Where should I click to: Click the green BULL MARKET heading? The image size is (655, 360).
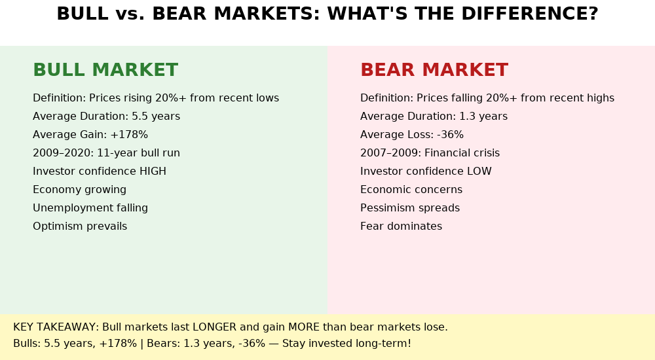(105, 70)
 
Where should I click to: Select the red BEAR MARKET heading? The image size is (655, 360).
(434, 70)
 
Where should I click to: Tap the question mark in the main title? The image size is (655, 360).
(592, 14)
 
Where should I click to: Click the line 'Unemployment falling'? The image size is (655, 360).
(90, 208)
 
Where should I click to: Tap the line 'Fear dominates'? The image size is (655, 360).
(401, 226)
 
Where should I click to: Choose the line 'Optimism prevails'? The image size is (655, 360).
(80, 226)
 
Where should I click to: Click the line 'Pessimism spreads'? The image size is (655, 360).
(410, 208)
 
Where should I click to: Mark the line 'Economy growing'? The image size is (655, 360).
(79, 190)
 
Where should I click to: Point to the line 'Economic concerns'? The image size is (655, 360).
(411, 190)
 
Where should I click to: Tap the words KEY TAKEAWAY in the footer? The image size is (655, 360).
(55, 327)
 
